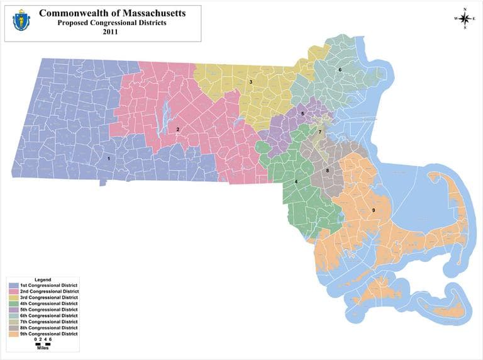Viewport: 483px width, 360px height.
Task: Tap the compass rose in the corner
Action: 464,18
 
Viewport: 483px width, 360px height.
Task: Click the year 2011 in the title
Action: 111,32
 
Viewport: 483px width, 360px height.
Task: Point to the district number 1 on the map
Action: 109,159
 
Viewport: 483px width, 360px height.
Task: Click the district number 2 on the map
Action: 178,130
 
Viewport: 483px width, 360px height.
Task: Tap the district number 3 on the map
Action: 250,82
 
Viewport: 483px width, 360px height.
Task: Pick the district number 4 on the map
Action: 296,183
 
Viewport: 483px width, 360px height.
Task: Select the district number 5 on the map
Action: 303,114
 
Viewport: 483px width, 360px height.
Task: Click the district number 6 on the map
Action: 340,69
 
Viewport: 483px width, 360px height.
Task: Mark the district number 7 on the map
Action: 319,132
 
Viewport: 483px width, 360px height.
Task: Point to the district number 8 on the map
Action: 327,171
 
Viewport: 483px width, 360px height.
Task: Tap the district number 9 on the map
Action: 374,210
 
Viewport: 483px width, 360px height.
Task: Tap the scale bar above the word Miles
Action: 43,344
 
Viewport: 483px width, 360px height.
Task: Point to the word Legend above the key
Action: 43,279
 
